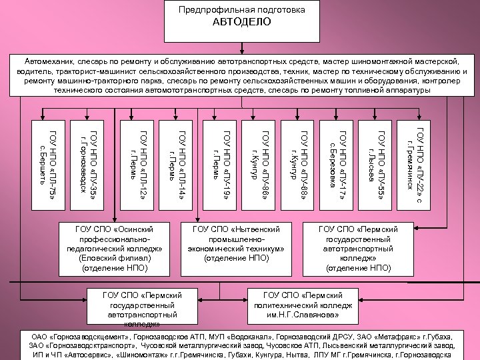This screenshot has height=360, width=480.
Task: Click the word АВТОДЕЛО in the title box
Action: (242, 22)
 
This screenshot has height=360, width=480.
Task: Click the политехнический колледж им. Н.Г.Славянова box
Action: (307, 304)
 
